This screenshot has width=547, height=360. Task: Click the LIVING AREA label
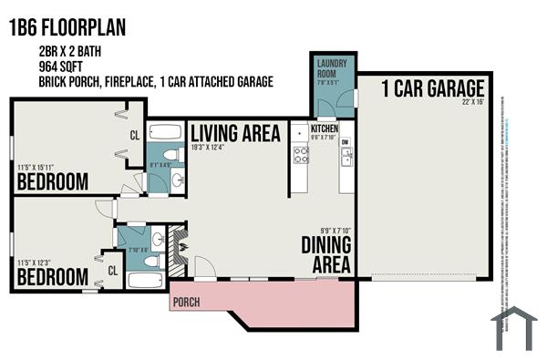[x=235, y=133]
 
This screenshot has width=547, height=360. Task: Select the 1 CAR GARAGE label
[x=420, y=89]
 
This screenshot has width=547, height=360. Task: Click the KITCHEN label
[x=325, y=129]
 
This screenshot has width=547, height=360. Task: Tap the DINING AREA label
[x=326, y=254]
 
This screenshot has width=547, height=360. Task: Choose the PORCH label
[x=186, y=303]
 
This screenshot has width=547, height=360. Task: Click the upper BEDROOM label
[x=53, y=182]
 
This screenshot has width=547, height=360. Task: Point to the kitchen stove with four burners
[x=300, y=154]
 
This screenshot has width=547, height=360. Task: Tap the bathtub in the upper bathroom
[x=165, y=129]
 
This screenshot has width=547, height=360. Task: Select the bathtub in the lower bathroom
[x=146, y=281]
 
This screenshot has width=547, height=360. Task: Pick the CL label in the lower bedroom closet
[x=113, y=271]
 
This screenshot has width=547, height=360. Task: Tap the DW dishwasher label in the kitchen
[x=345, y=143]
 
